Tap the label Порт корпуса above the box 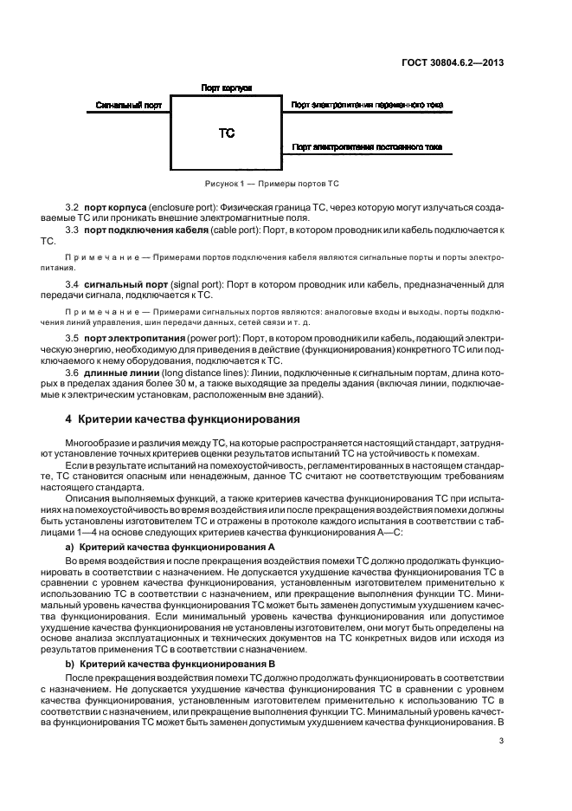[226, 88]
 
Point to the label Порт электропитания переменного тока [367, 105]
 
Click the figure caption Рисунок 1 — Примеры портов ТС [272, 184]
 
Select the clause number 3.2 [73, 209]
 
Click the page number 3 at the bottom [501, 740]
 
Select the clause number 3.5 [73, 335]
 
